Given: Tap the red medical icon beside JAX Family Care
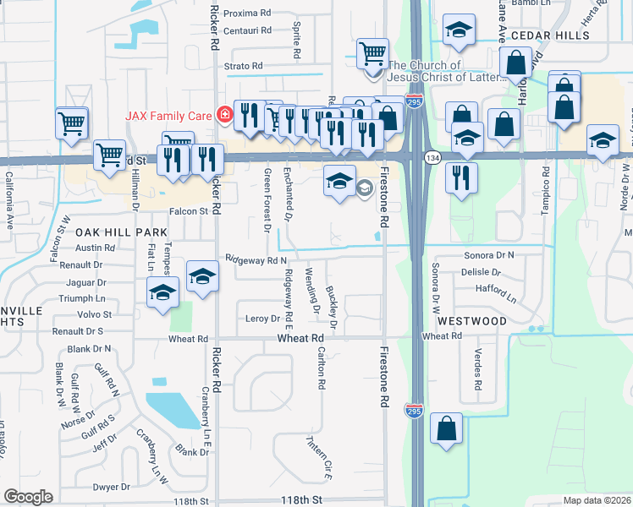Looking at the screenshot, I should [224, 114].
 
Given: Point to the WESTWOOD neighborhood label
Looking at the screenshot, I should [472, 321].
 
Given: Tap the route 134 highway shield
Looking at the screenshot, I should [432, 158].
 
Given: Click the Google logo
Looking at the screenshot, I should [28, 497].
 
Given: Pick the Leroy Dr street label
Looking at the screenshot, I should [261, 319].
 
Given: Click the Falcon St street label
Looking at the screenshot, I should [188, 212].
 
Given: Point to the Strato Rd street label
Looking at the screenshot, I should [244, 66].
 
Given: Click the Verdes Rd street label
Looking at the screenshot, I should [478, 368].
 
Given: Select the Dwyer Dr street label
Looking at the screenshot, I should [111, 487].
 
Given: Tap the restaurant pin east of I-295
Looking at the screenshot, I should [461, 177].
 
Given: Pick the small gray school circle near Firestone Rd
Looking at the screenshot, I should [365, 187].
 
